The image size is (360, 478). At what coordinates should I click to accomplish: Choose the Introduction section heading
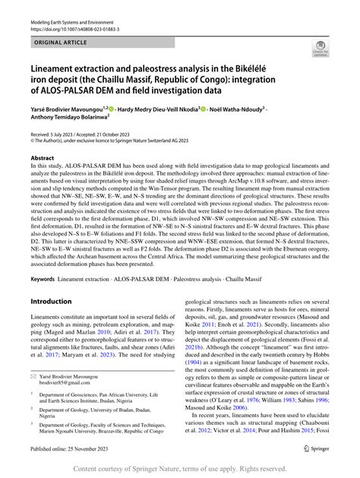coord(51,280)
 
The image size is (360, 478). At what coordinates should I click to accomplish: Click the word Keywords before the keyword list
coord(43,258)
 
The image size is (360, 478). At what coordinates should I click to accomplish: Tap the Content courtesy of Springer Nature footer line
coord(180,469)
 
